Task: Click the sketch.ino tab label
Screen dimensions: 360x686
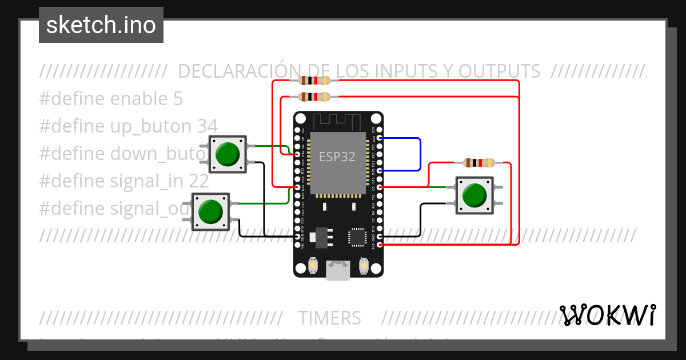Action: coord(101,25)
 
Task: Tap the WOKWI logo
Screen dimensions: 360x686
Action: coord(608,315)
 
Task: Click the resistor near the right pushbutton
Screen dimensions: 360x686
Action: coord(479,163)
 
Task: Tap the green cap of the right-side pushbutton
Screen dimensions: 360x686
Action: coord(474,195)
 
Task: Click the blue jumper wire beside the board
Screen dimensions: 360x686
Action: coord(420,154)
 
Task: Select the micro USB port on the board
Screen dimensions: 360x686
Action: coord(338,270)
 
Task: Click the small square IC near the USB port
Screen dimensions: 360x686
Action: coord(357,237)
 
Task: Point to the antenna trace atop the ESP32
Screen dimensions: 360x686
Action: coord(337,122)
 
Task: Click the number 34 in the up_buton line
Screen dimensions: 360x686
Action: coord(207,126)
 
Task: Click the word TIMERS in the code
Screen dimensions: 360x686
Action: coord(329,318)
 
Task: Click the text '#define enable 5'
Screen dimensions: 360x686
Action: coord(111,99)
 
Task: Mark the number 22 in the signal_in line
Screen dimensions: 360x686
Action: coord(199,181)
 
